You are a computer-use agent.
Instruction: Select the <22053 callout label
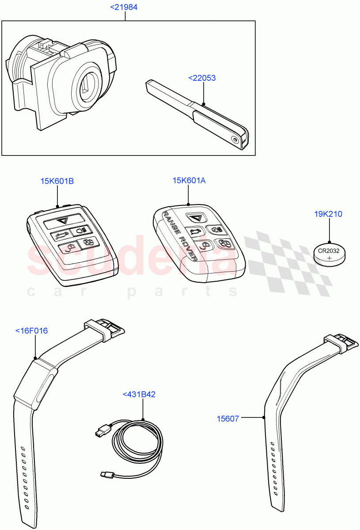[x=202, y=78]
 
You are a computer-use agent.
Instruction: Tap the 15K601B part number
[x=57, y=181]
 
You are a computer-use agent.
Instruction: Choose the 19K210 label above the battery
[x=328, y=214]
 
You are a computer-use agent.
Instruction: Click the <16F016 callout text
[x=31, y=330]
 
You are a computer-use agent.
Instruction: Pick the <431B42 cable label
[x=139, y=394]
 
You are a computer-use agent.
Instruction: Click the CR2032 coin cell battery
[x=329, y=255]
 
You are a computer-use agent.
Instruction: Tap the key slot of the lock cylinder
[x=87, y=84]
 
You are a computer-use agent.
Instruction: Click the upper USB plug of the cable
[x=100, y=429]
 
